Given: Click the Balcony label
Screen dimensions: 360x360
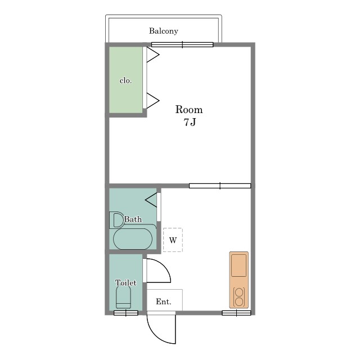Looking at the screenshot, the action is point(164,31).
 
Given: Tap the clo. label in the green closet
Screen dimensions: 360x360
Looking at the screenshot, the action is point(125,80).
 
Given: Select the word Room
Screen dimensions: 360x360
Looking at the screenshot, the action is point(189,110).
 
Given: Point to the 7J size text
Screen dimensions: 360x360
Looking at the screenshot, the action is point(190,122).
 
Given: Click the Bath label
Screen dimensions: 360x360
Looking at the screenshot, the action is point(133,219).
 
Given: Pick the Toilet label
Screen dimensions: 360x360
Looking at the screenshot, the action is point(126,282).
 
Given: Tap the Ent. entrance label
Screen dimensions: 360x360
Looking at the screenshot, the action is point(164,301).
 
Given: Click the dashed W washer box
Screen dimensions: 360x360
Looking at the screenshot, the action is point(173,240).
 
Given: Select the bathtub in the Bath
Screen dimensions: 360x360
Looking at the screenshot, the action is point(133,239).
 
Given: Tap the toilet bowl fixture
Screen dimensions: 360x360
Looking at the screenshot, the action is point(123,298).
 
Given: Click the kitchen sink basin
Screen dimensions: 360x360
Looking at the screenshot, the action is point(238,265).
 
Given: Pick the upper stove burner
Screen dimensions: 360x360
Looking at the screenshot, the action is point(239,292).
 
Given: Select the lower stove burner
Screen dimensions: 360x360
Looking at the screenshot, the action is point(239,301).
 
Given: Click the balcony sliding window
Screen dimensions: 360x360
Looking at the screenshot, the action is point(182,44).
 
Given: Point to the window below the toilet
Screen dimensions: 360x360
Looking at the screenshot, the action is point(126,313).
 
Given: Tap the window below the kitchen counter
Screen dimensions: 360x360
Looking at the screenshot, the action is point(236,313).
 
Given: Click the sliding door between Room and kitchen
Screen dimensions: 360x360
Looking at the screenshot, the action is point(220,186).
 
